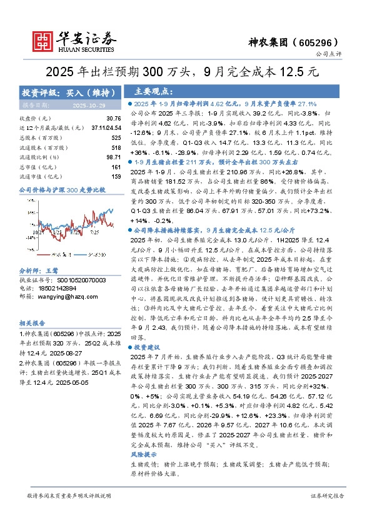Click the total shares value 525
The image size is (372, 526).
tap(115, 137)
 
